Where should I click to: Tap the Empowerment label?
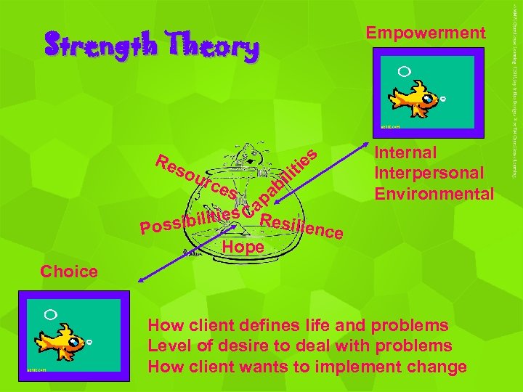[425, 33]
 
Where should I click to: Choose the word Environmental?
[434, 194]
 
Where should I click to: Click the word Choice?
[69, 272]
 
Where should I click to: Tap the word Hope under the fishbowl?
[243, 245]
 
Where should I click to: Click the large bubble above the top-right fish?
[405, 71]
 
